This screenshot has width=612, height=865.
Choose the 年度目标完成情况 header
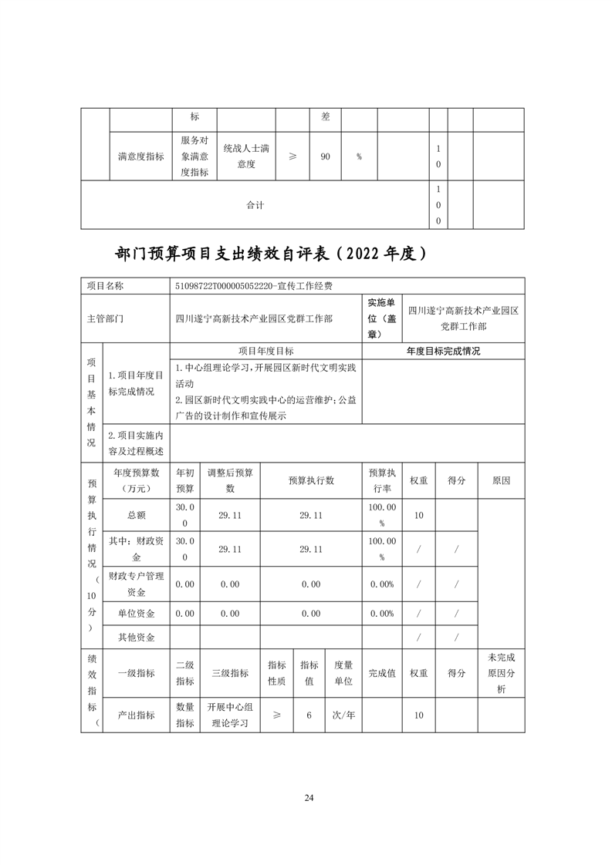(443, 350)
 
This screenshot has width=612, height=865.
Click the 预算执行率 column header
(381, 480)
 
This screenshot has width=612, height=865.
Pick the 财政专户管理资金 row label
(136, 584)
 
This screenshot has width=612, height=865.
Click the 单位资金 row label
(136, 614)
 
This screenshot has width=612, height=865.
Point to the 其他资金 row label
(136, 638)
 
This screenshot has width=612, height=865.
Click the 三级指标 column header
(230, 673)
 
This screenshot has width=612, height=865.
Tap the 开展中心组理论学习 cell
(230, 715)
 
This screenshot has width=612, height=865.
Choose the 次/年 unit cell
(343, 715)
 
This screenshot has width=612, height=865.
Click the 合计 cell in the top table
(255, 205)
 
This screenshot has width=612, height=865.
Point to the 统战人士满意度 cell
(246, 156)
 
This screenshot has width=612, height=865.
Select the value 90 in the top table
(325, 157)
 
